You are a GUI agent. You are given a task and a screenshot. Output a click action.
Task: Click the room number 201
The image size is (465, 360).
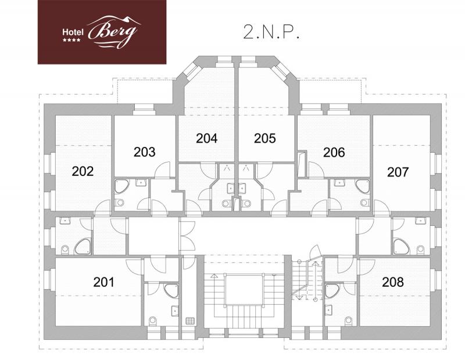point(103,282)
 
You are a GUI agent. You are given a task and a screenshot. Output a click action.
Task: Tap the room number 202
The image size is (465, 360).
point(83,171)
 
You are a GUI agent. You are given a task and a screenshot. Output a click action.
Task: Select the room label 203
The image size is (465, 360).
point(144,152)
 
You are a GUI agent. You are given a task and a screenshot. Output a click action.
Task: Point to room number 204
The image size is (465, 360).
point(207,138)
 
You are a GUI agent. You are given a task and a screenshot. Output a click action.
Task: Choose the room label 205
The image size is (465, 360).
point(265,138)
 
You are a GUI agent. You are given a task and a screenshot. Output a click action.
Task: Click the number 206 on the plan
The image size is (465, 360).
point(334,152)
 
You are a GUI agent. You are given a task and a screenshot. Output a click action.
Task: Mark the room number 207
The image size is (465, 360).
point(398,172)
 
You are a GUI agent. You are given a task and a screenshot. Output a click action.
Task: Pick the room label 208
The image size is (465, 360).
point(393,282)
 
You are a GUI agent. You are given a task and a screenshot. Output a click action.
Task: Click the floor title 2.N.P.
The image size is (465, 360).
point(271,32)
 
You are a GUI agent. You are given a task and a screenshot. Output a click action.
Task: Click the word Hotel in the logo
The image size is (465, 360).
point(73,32)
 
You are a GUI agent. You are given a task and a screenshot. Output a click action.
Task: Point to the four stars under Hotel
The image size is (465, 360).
point(71,40)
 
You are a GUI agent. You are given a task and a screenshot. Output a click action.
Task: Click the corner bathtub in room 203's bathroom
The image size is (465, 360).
point(121,186)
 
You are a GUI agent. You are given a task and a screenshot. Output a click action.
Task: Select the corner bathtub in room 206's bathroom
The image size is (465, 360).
point(363,186)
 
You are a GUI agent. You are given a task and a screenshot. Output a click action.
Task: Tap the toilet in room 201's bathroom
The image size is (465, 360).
point(153,321)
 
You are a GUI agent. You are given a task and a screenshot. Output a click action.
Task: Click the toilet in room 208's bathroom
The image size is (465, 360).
point(348,321)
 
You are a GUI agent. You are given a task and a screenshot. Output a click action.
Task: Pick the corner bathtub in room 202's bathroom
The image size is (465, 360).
point(83,247)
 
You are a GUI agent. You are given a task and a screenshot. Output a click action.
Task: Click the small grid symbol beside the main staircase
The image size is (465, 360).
point(190,321)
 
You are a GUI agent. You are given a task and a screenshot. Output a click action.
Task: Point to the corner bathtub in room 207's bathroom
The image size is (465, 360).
point(402,247)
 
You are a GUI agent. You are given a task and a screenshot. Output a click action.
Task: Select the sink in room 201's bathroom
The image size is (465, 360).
point(175,311)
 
